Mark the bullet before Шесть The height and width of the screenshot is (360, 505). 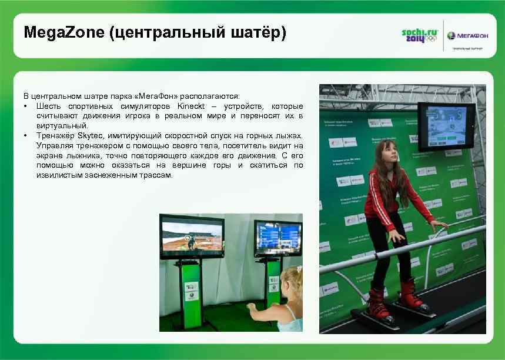point(27,106)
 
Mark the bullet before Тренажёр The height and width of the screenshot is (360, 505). point(27,136)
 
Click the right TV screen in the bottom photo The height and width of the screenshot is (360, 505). point(277,238)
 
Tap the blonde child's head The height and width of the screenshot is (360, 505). point(292,282)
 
